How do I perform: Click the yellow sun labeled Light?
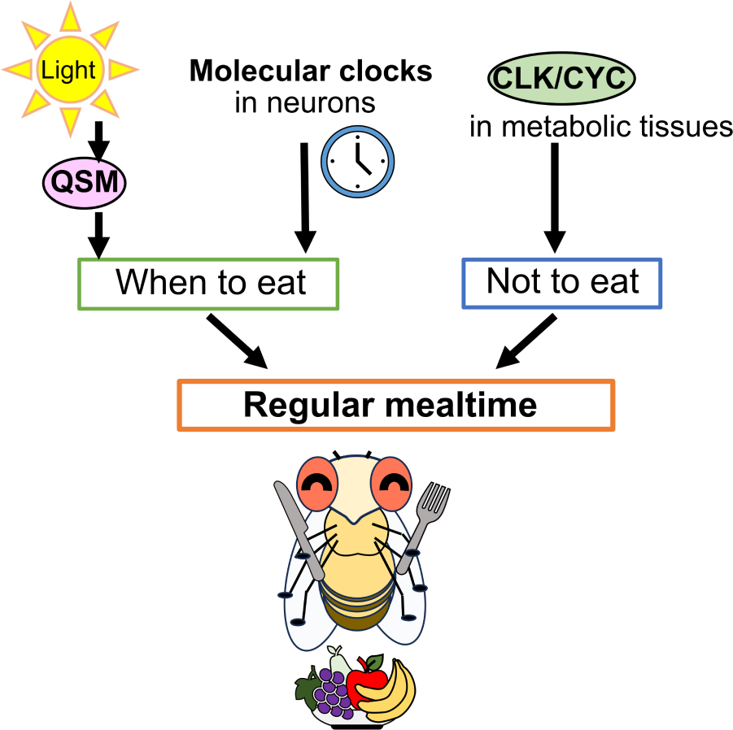coord(68,69)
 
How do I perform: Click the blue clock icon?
coord(358,159)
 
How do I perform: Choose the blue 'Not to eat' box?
coord(561,283)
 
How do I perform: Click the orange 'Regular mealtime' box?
coord(395,404)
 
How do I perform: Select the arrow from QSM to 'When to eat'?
coord(98,234)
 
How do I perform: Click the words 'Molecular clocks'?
coord(310,72)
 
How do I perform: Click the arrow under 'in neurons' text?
coord(304,195)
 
